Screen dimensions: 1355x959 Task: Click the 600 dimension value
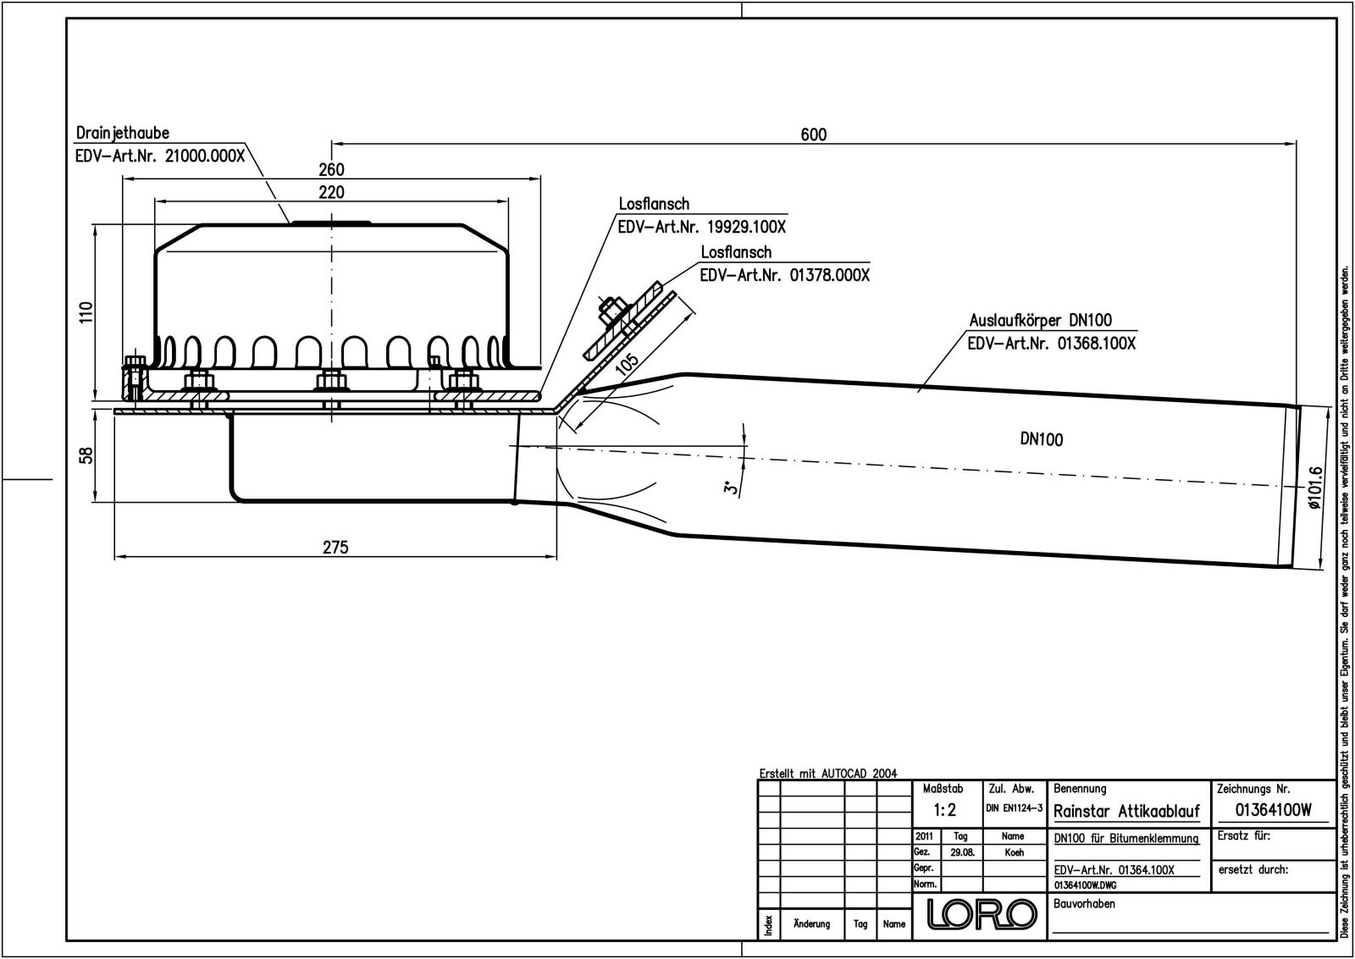point(813,135)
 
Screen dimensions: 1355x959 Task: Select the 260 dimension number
point(331,169)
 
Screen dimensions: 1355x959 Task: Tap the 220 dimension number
point(331,192)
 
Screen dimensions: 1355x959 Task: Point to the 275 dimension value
point(335,548)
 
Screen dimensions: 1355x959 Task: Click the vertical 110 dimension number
point(86,312)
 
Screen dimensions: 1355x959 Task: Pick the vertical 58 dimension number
point(87,455)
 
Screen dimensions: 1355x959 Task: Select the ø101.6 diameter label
point(1314,488)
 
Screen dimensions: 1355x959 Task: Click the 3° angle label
point(732,486)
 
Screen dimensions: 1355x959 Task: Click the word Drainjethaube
point(122,133)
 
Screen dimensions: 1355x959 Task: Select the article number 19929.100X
point(746,228)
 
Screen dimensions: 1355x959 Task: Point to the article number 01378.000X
point(829,276)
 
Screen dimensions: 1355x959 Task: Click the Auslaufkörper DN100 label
point(1041,321)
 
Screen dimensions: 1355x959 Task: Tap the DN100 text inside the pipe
point(1041,439)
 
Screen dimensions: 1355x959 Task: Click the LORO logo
point(982,913)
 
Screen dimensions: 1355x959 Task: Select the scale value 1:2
point(944,810)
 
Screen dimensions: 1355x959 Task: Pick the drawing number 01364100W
point(1273,810)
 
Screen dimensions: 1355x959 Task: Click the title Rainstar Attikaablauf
point(1126,811)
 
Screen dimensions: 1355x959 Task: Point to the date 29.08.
point(962,852)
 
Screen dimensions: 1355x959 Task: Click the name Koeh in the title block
point(1015,852)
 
